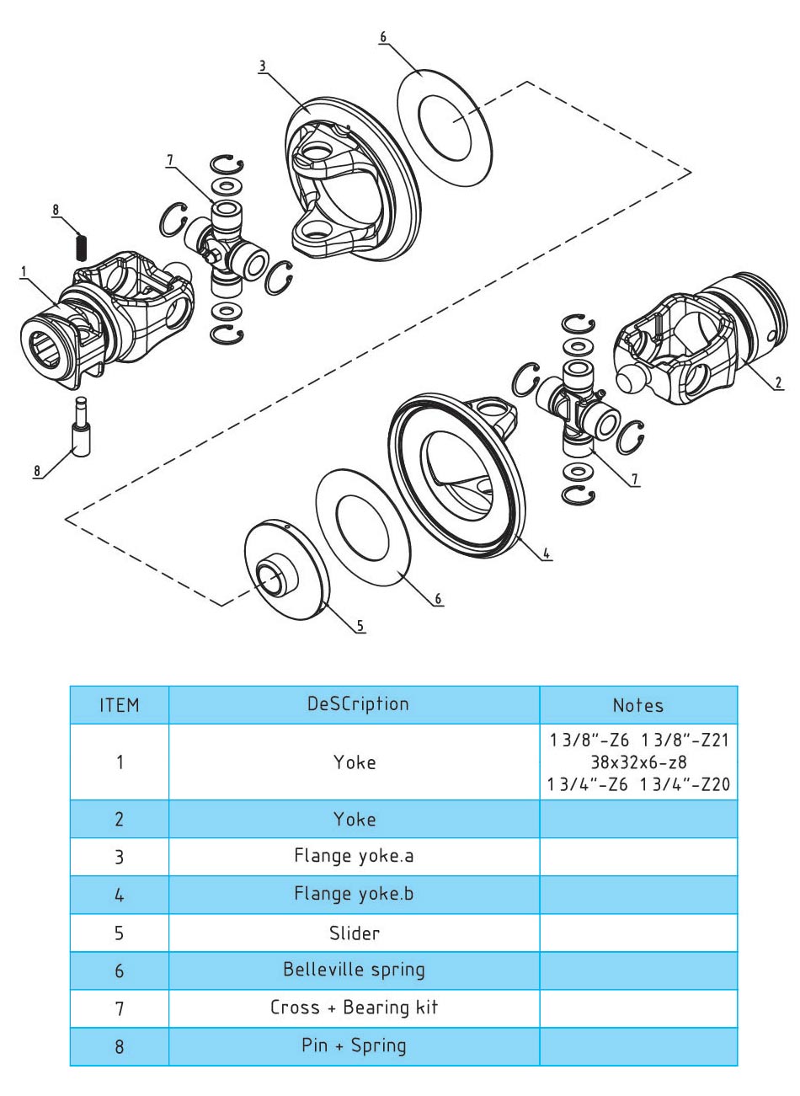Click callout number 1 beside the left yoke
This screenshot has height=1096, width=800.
click(x=24, y=271)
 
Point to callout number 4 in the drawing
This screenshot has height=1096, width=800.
click(x=547, y=553)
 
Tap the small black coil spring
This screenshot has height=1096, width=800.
click(x=82, y=245)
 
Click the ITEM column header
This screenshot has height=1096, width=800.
click(x=119, y=705)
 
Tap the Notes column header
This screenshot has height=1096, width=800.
click(x=637, y=705)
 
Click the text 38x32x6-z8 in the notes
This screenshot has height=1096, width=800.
click(x=637, y=763)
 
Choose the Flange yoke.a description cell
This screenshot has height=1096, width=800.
click(x=354, y=856)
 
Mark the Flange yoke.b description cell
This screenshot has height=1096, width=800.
click(x=354, y=894)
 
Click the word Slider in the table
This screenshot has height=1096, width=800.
click(x=354, y=933)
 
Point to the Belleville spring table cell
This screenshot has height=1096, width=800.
click(x=354, y=970)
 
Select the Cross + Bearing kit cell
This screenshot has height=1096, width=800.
click(x=354, y=1008)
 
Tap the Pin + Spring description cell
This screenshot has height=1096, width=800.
click(x=354, y=1045)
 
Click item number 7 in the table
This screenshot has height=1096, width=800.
click(x=119, y=1008)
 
